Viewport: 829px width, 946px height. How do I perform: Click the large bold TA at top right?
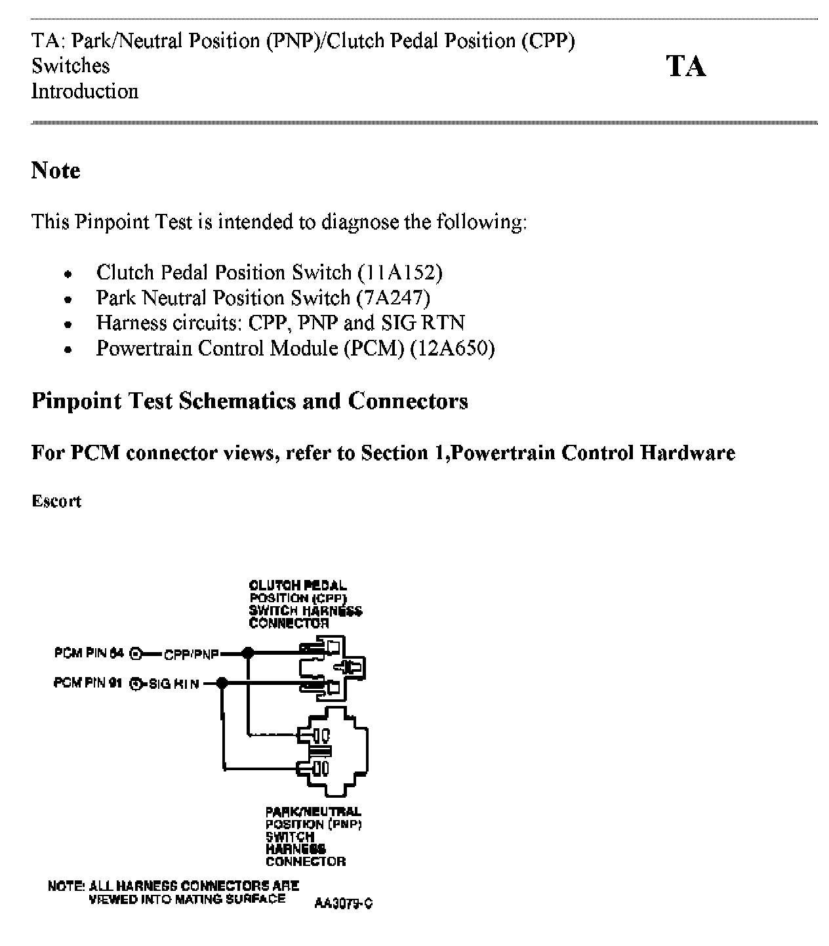[686, 66]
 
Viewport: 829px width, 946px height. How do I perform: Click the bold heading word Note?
[56, 171]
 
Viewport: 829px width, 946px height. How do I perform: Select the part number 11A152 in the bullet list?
[400, 272]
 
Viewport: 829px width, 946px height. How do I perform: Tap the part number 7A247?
[393, 298]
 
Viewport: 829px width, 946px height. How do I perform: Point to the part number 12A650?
[452, 348]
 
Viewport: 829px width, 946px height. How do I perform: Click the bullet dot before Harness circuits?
[68, 324]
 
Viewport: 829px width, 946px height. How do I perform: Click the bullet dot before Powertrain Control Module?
[68, 349]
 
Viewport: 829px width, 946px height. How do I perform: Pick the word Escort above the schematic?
[56, 501]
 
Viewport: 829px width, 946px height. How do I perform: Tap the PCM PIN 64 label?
[89, 653]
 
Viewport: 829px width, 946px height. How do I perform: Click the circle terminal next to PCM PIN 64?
[136, 653]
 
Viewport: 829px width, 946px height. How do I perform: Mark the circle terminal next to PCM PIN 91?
[136, 684]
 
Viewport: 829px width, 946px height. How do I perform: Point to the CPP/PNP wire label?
[191, 654]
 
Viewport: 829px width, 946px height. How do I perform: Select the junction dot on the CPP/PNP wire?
[248, 653]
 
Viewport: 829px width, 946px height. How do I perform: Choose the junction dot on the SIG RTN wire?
[222, 684]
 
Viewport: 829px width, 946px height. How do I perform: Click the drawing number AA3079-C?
[344, 903]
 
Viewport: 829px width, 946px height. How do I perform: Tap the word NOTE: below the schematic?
[66, 886]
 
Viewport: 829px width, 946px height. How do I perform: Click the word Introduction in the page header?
[85, 91]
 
